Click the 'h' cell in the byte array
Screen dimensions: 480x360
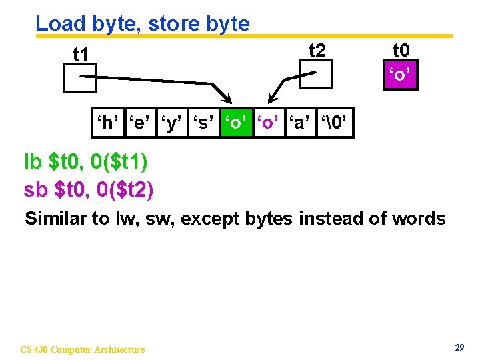pyautogui.click(x=108, y=123)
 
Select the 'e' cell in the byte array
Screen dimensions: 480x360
pyautogui.click(x=139, y=123)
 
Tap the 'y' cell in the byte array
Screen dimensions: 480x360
pyautogui.click(x=171, y=123)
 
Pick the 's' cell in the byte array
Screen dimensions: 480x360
pyautogui.click(x=203, y=123)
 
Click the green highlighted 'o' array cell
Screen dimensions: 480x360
pyautogui.click(x=236, y=123)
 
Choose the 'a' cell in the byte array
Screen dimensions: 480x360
pyautogui.click(x=301, y=123)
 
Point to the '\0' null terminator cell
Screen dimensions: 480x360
pyautogui.click(x=335, y=123)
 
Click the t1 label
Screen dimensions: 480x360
pyautogui.click(x=81, y=54)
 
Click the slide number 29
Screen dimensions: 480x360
pyautogui.click(x=459, y=347)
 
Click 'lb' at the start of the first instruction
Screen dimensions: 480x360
pyautogui.click(x=33, y=162)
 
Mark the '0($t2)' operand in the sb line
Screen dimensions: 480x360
pyautogui.click(x=125, y=190)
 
